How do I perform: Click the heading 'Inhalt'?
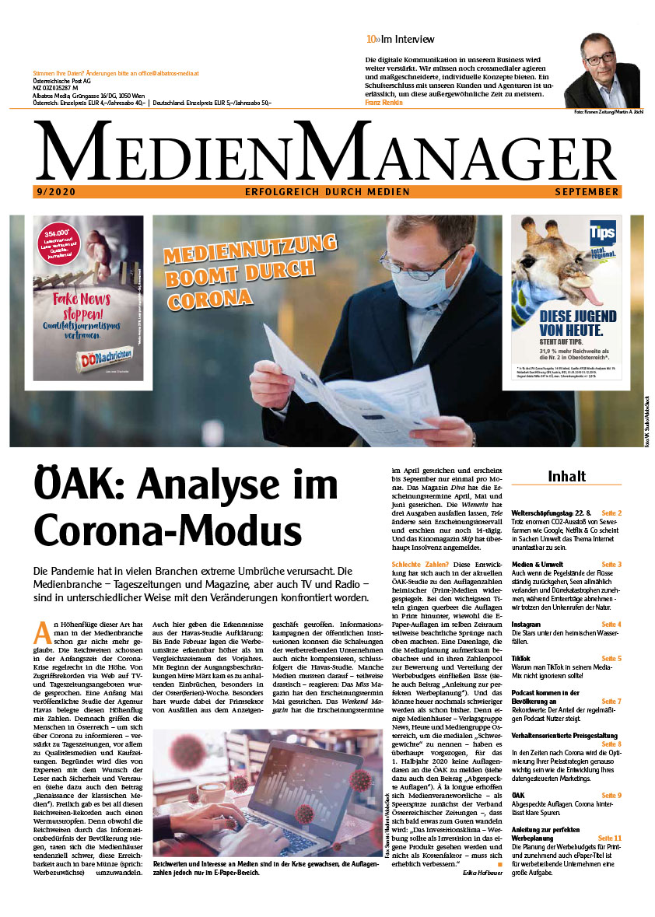tap(566, 475)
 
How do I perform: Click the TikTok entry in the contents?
tap(521, 658)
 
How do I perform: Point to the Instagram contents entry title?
tap(527, 625)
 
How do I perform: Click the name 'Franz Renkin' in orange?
tap(384, 102)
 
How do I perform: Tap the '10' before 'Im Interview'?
tap(371, 39)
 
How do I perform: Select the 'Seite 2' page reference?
tap(611, 513)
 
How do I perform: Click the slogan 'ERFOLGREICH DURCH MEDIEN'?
tap(327, 191)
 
